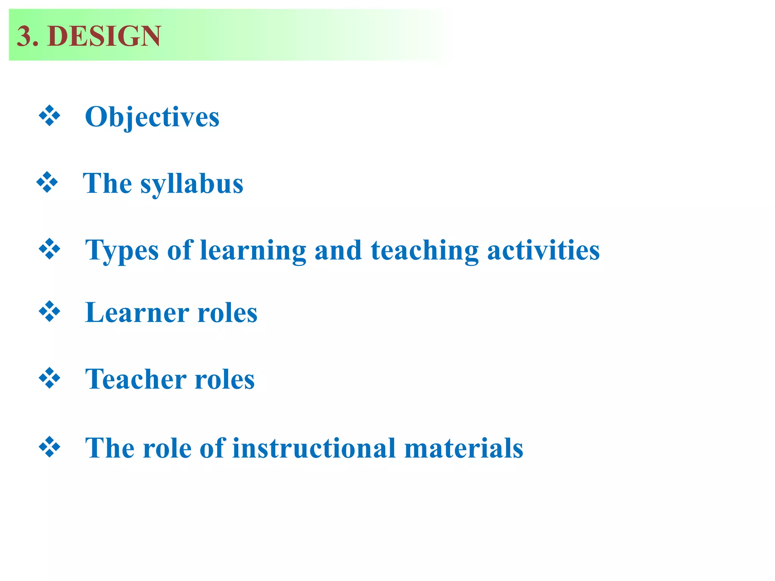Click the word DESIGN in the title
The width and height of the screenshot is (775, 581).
(104, 36)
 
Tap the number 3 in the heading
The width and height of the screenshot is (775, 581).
(24, 36)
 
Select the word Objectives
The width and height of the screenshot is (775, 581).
(152, 117)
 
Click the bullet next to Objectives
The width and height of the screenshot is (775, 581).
(50, 116)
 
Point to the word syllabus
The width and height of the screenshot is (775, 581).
(192, 184)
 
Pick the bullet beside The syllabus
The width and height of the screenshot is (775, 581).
(47, 182)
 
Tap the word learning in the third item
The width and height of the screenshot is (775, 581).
(253, 251)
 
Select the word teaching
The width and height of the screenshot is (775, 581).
(425, 251)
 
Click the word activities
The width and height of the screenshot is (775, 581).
(543, 251)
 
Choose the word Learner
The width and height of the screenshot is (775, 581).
(137, 313)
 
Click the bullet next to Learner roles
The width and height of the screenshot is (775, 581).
(50, 312)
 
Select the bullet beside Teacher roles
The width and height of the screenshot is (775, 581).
(50, 378)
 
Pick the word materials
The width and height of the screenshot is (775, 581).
(464, 448)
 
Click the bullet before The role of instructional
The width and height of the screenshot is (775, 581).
(50, 447)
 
